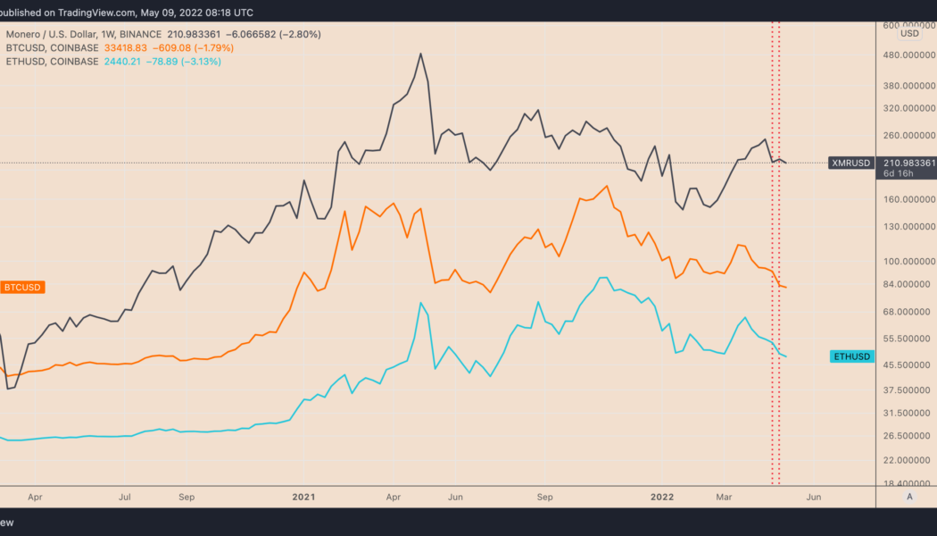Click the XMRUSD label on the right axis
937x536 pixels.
pyautogui.click(x=850, y=163)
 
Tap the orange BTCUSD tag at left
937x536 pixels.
pyautogui.click(x=23, y=287)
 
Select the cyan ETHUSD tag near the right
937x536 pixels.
pyautogui.click(x=850, y=356)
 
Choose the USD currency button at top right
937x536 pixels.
pyautogui.click(x=909, y=33)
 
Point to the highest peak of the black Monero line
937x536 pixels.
pyautogui.click(x=420, y=54)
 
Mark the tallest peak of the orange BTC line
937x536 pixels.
pyautogui.click(x=608, y=186)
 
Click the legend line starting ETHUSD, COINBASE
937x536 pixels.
pyautogui.click(x=112, y=62)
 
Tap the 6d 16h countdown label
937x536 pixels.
pyautogui.click(x=895, y=174)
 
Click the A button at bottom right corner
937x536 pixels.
pyautogui.click(x=909, y=496)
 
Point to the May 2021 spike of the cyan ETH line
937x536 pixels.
pyautogui.click(x=420, y=303)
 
